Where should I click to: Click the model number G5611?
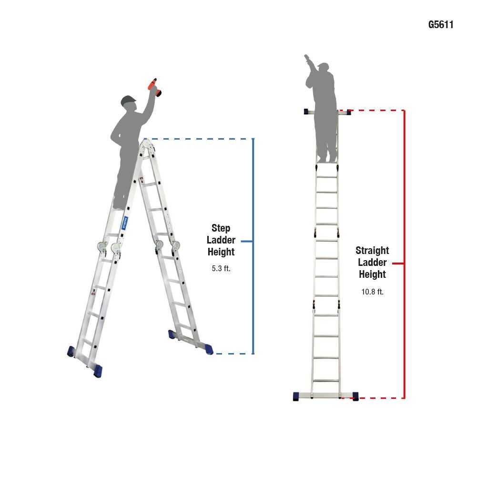pyautogui.click(x=441, y=25)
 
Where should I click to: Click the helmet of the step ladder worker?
pyautogui.click(x=128, y=101)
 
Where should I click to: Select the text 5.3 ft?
pyautogui.click(x=221, y=268)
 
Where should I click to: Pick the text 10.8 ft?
pyautogui.click(x=372, y=292)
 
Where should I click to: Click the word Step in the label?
pyautogui.click(x=221, y=228)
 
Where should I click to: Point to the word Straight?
pyautogui.click(x=372, y=251)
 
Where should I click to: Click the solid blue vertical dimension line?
pyautogui.click(x=253, y=295)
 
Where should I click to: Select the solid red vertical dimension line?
pyautogui.click(x=404, y=334)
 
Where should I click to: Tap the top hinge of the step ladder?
pyautogui.click(x=147, y=142)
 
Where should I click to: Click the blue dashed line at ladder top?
pyautogui.click(x=200, y=139)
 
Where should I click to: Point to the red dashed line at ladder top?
pyautogui.click(x=376, y=111)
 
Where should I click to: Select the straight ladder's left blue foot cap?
pyautogui.click(x=296, y=396)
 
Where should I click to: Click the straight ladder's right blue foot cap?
pyautogui.click(x=355, y=396)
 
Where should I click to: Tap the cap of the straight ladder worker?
pyautogui.click(x=324, y=65)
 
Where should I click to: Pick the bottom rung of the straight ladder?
pyautogui.click(x=326, y=381)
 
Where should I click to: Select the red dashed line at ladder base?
pyautogui.click(x=381, y=398)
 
